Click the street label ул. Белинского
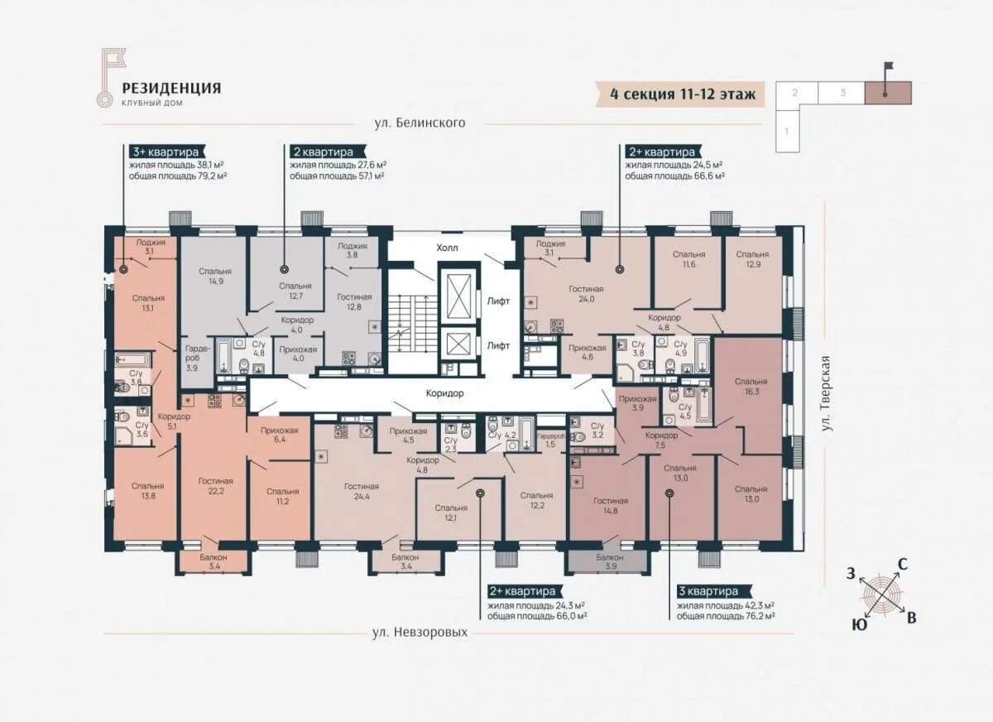point(420,123)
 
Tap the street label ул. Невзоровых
point(420,632)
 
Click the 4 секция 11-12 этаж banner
point(683,94)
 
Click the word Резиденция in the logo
point(172,88)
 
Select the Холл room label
point(448,248)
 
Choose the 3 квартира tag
point(707,592)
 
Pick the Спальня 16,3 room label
point(751,387)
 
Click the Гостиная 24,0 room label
point(585,295)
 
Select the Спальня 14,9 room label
point(214,277)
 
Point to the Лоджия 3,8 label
point(352,250)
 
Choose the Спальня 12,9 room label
point(752,259)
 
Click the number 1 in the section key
point(787,131)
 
